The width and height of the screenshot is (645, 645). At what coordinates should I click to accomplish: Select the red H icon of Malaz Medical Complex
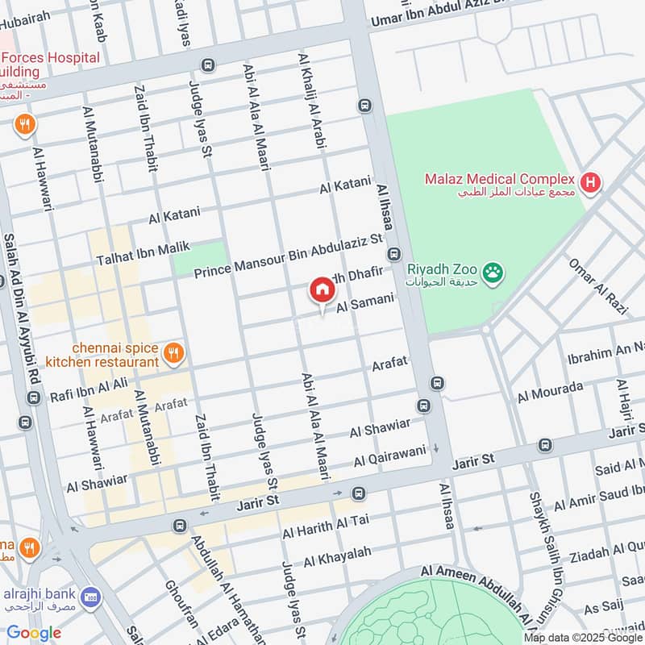(591, 183)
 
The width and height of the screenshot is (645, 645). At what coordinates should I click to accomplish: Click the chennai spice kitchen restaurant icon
(172, 352)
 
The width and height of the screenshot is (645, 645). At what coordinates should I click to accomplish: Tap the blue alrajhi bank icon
(90, 596)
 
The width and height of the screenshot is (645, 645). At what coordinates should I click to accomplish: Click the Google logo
(34, 632)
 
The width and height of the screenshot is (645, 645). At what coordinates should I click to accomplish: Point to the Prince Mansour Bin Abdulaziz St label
(288, 256)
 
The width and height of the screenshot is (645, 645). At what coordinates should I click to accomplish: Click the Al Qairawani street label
(389, 457)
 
